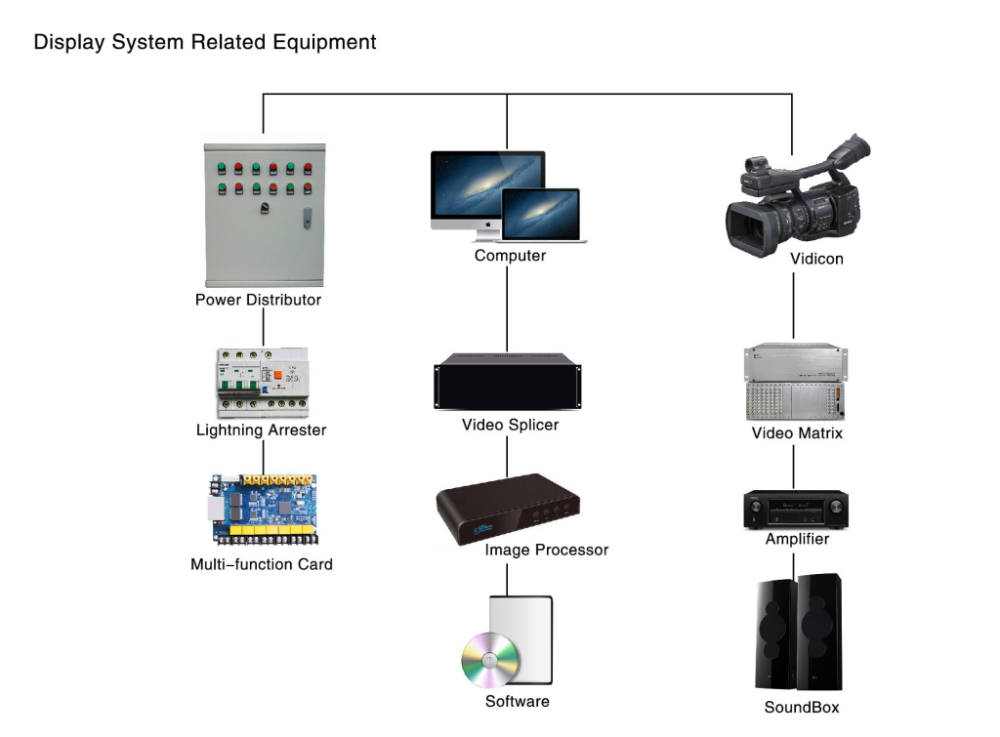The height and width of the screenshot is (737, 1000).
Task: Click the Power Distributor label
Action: [258, 300]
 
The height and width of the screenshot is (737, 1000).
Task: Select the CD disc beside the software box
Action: [490, 660]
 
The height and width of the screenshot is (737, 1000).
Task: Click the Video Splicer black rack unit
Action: [508, 382]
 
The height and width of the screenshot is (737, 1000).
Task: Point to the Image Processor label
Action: [547, 550]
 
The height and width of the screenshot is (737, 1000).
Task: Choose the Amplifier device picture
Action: [796, 510]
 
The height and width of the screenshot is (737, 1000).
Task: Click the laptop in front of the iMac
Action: [541, 216]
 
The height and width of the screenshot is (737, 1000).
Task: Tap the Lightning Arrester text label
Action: [262, 430]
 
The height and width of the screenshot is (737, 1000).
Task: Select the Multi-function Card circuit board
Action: [264, 510]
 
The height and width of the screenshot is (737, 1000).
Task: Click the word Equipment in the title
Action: [324, 43]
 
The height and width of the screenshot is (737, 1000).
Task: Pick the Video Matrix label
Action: [797, 433]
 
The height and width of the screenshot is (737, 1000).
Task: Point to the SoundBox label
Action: [802, 707]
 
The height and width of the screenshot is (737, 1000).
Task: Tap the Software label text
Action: [518, 701]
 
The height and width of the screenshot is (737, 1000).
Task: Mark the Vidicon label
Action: [817, 259]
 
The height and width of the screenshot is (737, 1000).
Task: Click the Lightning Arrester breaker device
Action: [263, 383]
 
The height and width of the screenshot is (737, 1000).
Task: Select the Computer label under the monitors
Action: [510, 256]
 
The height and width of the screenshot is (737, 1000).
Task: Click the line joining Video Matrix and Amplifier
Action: [793, 468]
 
